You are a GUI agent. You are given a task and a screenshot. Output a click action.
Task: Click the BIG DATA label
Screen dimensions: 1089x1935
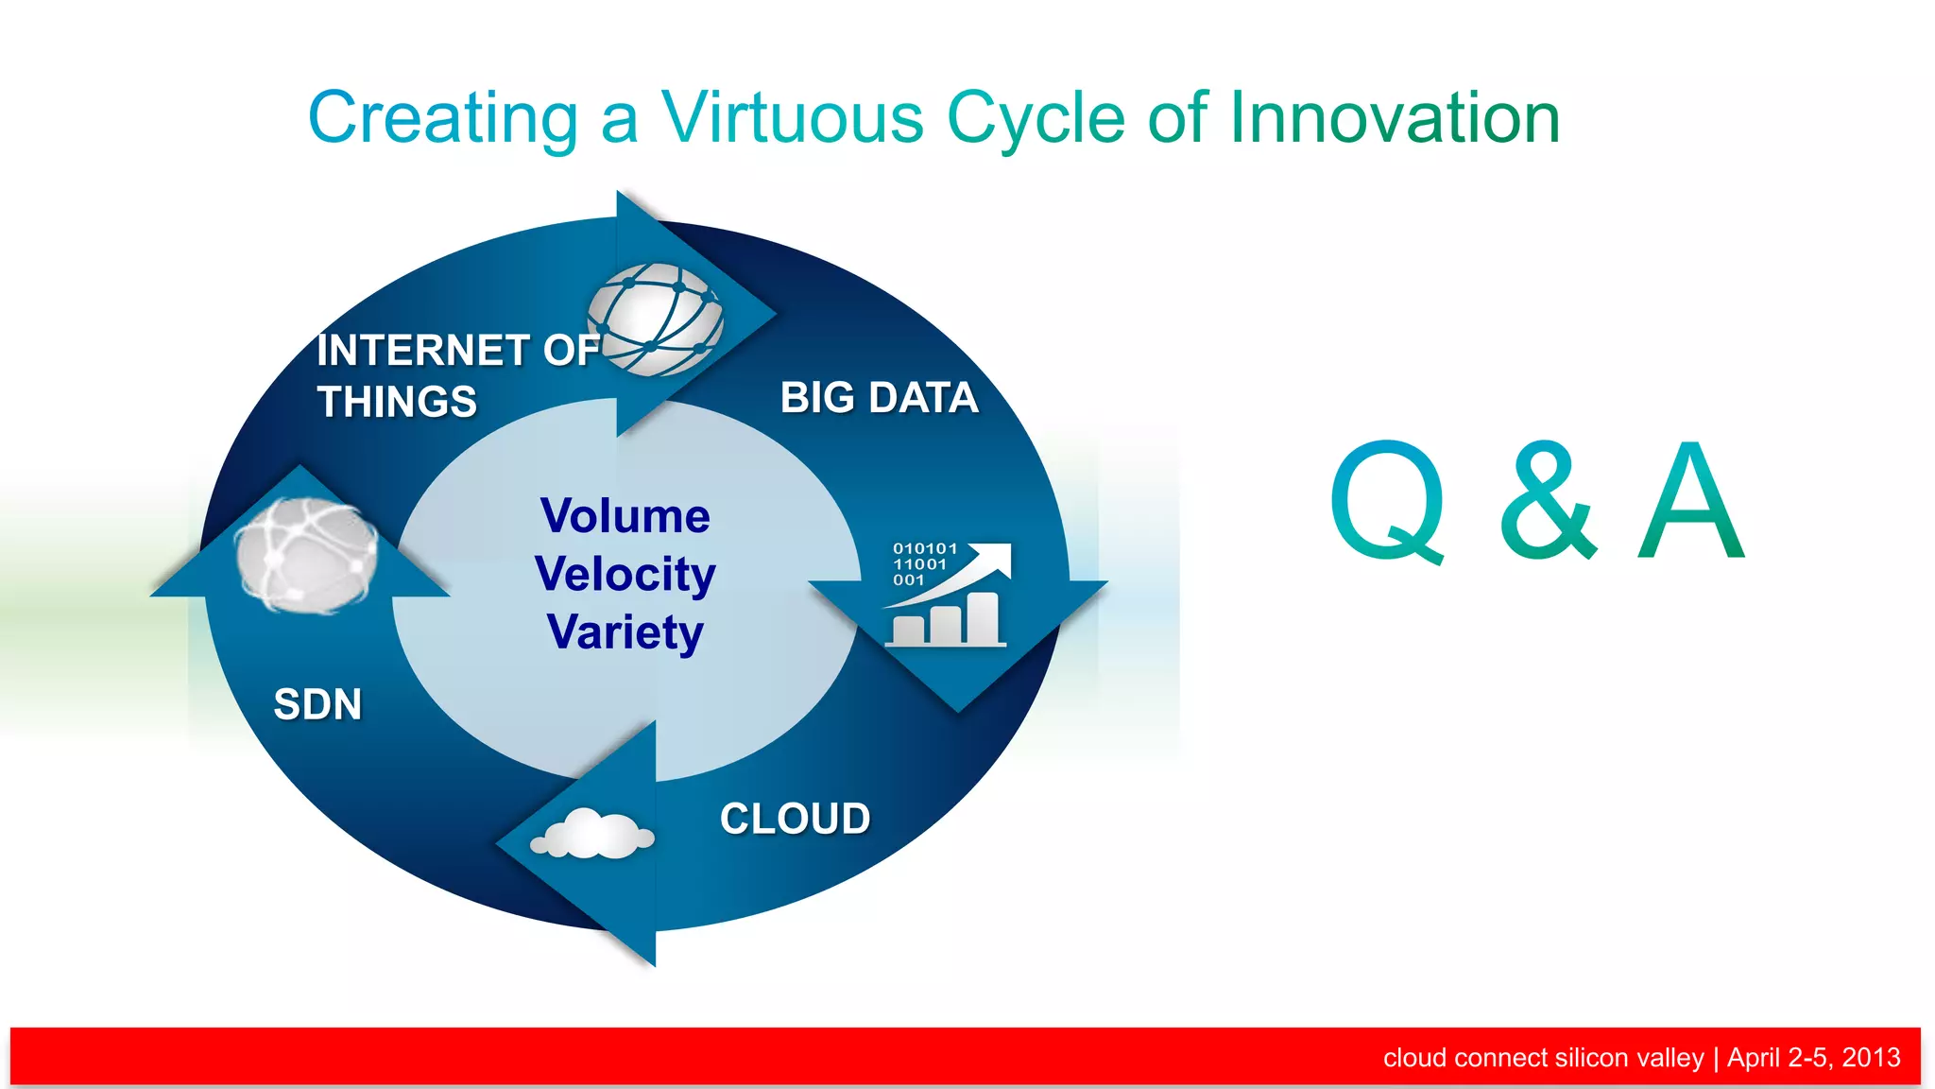(879, 398)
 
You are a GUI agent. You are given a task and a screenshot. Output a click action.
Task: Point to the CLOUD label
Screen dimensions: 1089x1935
(795, 819)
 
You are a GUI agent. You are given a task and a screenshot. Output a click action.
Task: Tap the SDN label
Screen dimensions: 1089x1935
(317, 704)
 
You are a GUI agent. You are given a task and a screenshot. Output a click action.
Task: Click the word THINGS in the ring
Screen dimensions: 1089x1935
(397, 402)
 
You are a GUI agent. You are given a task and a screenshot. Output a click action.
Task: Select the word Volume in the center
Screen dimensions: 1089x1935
(625, 516)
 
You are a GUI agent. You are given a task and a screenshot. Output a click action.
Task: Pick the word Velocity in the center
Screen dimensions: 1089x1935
(625, 574)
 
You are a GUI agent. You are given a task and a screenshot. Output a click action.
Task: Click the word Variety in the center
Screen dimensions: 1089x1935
(625, 631)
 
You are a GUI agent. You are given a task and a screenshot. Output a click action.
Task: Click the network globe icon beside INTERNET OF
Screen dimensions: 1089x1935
(656, 319)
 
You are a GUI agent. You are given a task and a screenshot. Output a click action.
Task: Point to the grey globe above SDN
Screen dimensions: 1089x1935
(305, 555)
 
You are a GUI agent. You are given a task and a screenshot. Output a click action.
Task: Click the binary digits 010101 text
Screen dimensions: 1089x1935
(924, 548)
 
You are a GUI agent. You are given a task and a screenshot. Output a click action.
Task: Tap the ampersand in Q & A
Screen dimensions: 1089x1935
(1547, 501)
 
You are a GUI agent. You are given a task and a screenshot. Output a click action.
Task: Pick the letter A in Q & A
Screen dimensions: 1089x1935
(1691, 501)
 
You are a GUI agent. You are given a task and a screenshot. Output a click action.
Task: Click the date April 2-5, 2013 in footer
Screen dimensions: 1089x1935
(1813, 1057)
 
